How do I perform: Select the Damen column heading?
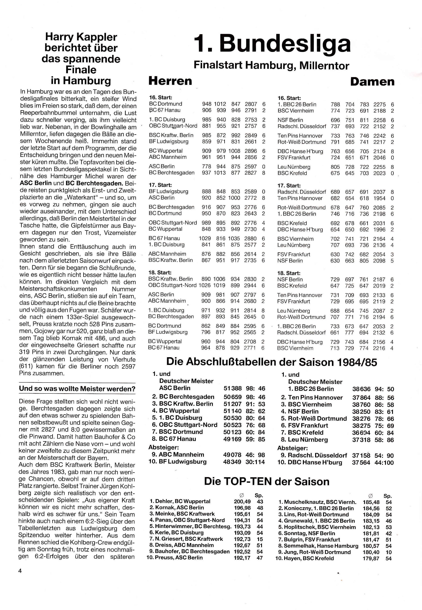pyautogui.click(x=372, y=82)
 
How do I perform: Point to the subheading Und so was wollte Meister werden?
pyautogui.click(x=77, y=389)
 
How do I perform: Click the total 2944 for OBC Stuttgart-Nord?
pyautogui.click(x=250, y=285)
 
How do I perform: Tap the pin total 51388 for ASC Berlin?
pyautogui.click(x=232, y=388)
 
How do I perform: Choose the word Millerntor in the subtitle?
pyautogui.click(x=324, y=65)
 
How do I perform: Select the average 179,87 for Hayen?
pyautogui.click(x=371, y=558)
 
